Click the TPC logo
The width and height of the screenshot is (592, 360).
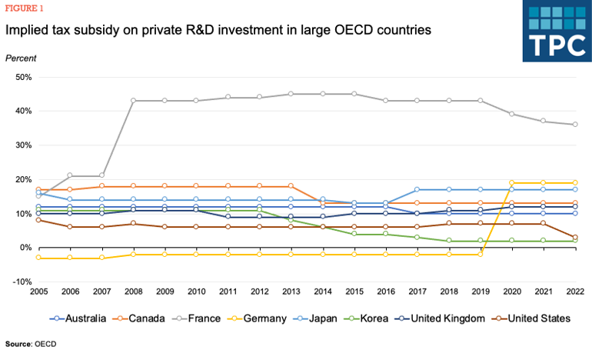tap(556, 31)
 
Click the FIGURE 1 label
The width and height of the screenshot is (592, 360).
tap(27, 8)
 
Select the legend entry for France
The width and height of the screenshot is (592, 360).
tap(202, 318)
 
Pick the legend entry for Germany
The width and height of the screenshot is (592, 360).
tap(264, 318)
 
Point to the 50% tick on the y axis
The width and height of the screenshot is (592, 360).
tap(21, 77)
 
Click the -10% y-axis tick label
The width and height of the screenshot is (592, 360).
tap(19, 282)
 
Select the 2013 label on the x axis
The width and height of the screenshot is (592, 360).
tap(291, 292)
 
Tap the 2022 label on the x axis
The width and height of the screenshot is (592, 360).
tap(575, 292)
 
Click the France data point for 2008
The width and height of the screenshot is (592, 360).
tap(133, 101)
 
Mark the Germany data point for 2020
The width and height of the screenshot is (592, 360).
tap(512, 183)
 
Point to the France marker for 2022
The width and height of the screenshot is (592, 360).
tap(575, 125)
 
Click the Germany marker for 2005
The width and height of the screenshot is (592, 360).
tap(38, 258)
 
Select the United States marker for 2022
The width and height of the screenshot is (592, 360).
tap(575, 238)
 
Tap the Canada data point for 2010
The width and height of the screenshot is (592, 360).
tap(196, 186)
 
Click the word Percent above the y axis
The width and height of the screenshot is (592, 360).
tap(21, 58)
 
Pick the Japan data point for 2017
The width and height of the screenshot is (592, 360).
tap(417, 189)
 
